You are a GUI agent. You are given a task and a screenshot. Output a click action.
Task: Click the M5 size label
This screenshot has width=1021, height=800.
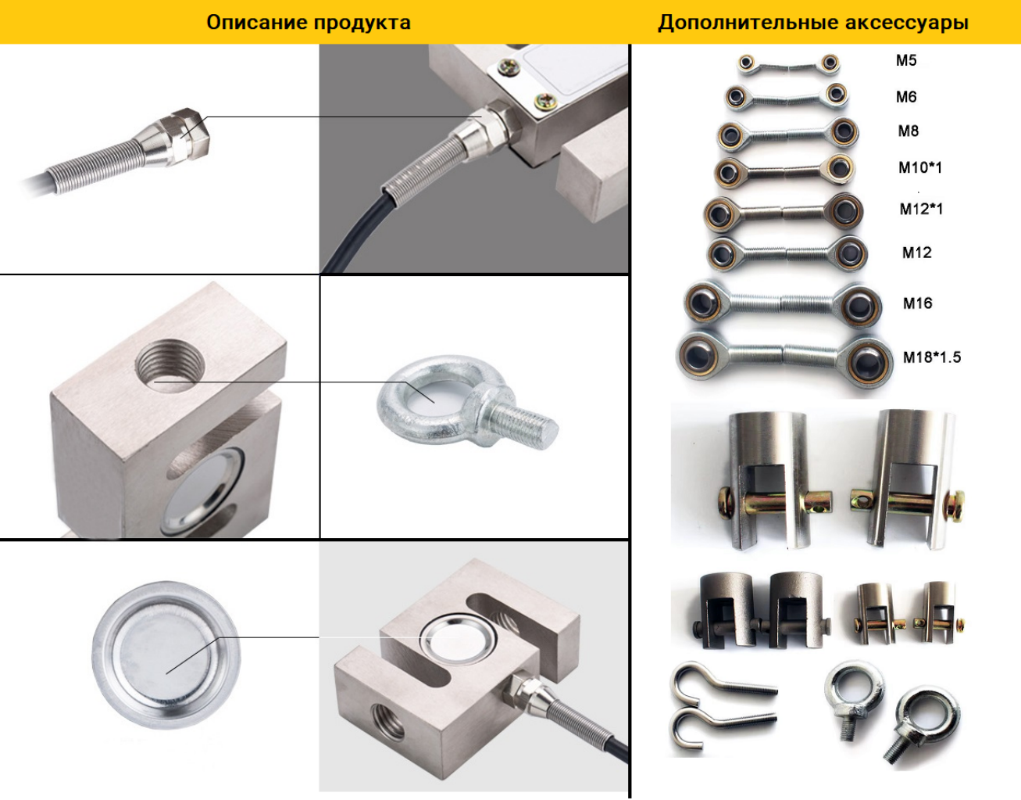click(906, 60)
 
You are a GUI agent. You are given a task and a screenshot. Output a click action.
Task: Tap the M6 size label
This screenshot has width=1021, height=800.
click(906, 97)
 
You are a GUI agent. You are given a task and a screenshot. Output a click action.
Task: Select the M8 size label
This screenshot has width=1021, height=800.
click(909, 131)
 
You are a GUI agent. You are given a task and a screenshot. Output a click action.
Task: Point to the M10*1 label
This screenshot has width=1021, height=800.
click(920, 167)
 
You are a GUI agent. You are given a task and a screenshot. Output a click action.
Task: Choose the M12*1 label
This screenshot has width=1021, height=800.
click(921, 209)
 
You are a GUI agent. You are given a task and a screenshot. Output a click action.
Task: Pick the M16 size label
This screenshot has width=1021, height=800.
click(917, 303)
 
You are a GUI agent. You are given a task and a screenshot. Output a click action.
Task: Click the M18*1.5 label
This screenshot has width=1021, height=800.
click(932, 357)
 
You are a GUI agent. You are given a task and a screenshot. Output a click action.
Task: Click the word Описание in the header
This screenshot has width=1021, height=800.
click(256, 22)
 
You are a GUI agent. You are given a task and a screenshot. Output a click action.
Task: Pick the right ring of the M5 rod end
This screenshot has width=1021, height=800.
click(830, 63)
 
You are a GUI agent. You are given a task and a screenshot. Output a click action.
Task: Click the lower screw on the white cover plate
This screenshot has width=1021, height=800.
click(545, 100)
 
